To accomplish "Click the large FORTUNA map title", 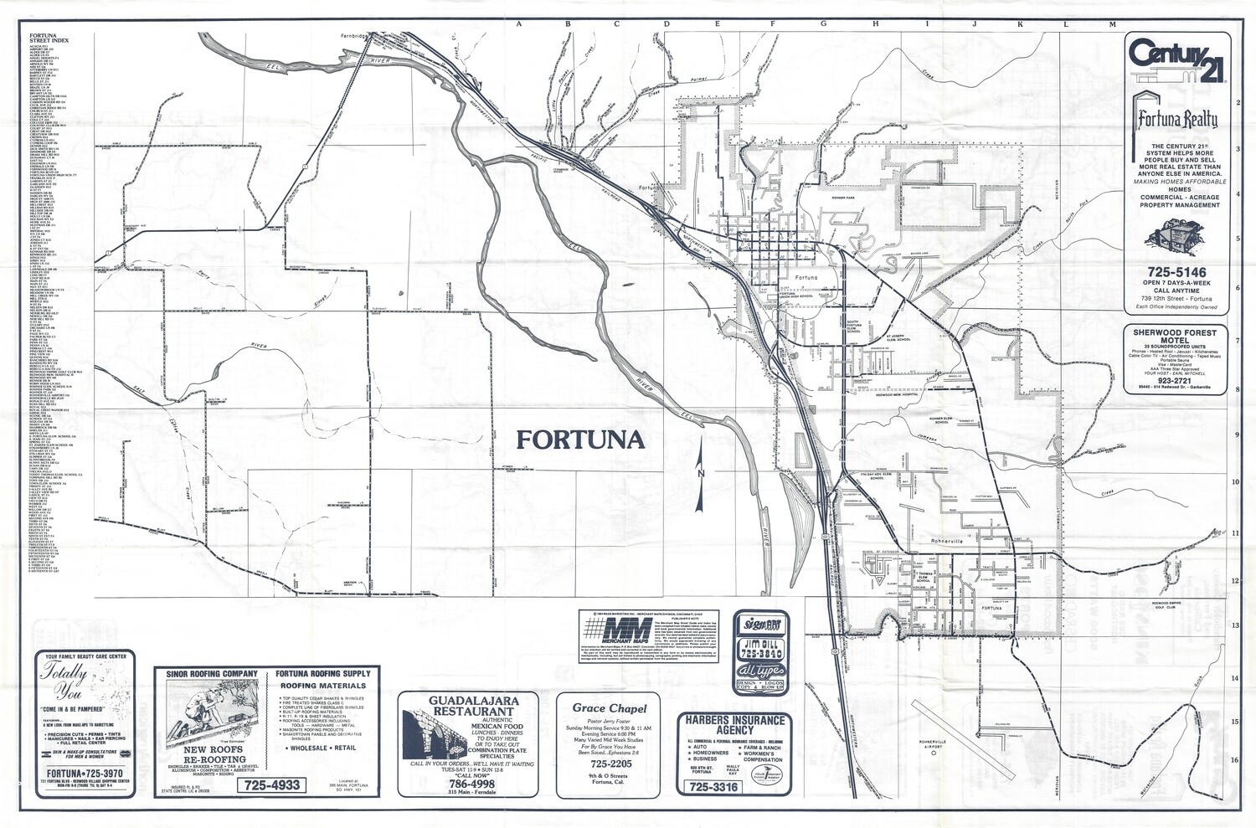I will point(579,440).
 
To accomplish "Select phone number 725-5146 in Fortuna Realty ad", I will point(1176,272).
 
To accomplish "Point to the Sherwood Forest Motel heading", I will point(1176,337).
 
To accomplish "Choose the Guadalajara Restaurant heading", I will point(461,706).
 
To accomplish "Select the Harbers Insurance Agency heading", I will point(734,725).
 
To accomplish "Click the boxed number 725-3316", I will point(713,787).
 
